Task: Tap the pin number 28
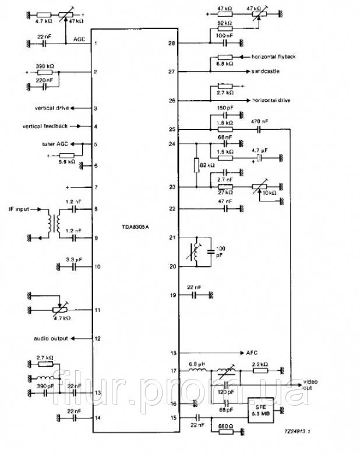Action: [x=172, y=43]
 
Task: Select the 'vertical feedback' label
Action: [x=45, y=126]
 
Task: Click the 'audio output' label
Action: [x=50, y=338]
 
